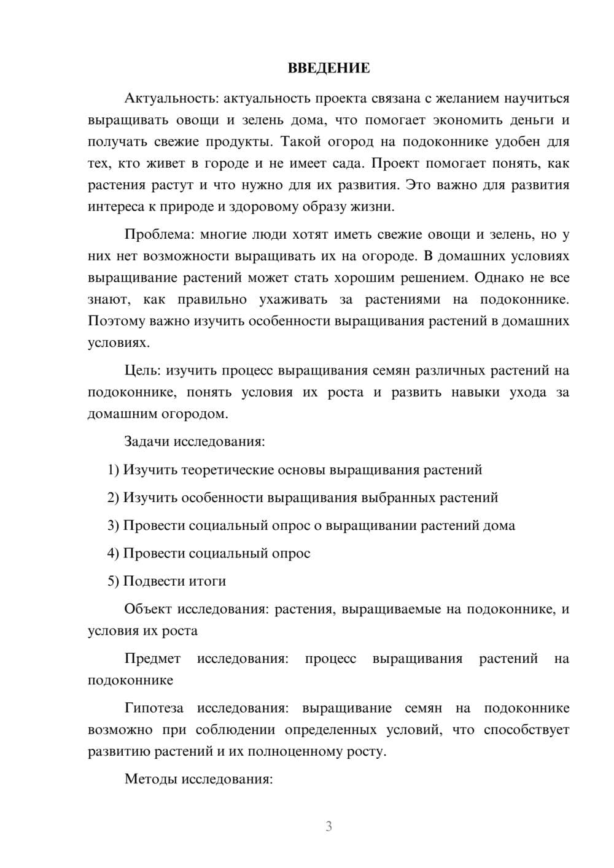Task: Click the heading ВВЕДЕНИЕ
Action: pos(328,68)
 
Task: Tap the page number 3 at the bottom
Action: pos(328,826)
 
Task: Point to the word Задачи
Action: pos(147,441)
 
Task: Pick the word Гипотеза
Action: pos(153,708)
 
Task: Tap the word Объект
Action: pos(148,610)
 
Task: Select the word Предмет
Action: pos(152,659)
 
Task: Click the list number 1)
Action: pos(114,470)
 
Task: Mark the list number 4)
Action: pos(114,554)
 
